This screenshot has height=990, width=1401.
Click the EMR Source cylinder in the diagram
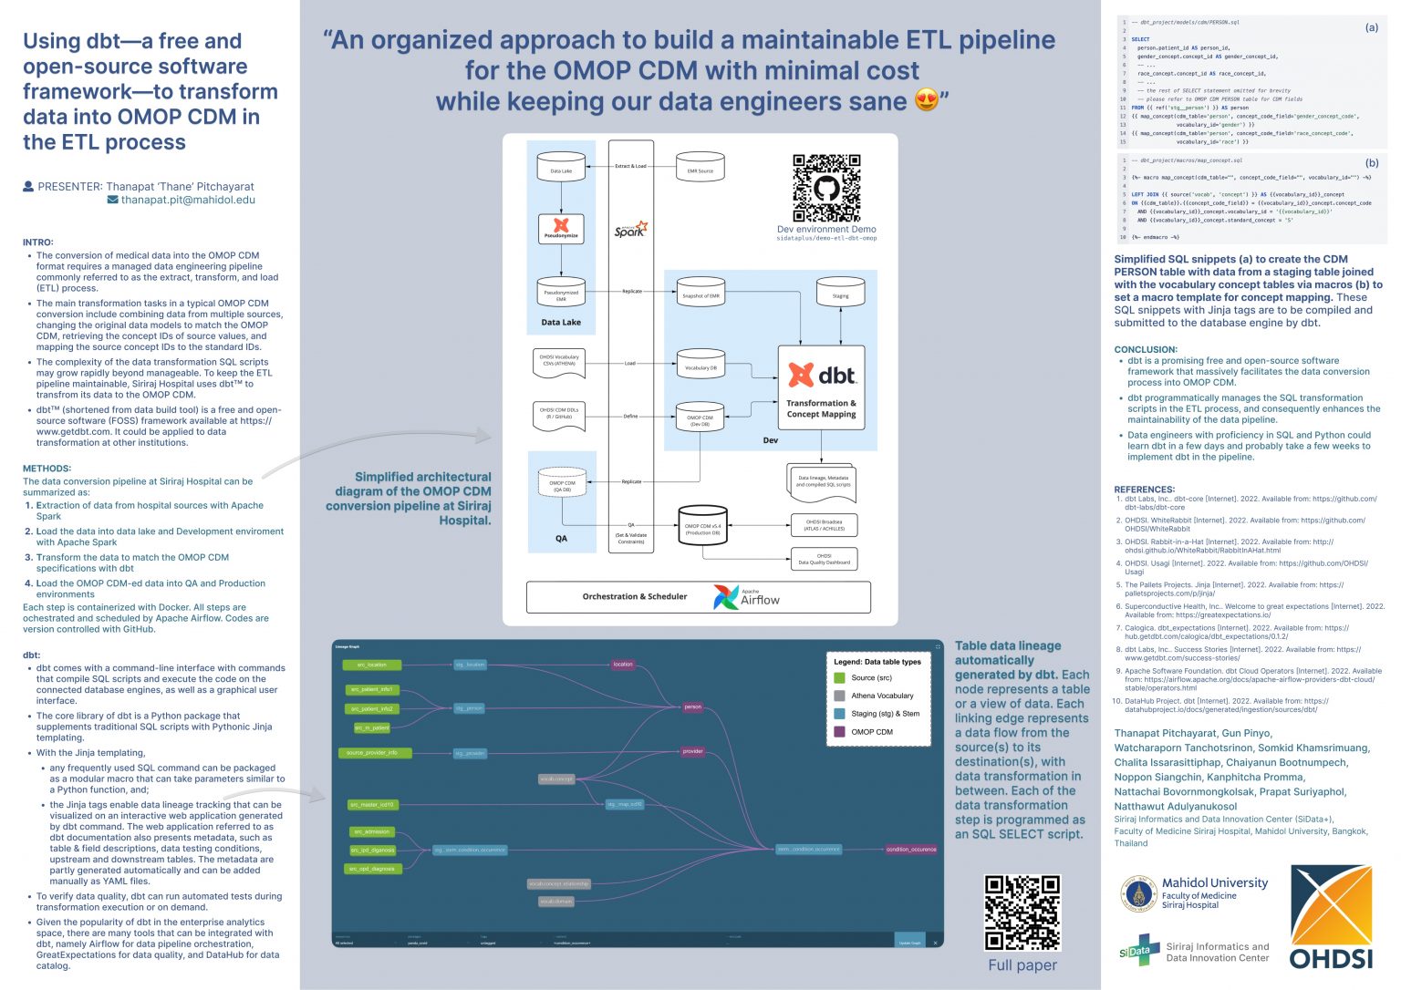pyautogui.click(x=700, y=169)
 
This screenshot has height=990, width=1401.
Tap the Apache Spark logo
pyautogui.click(x=630, y=229)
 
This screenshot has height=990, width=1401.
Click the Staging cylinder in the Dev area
pyautogui.click(x=840, y=294)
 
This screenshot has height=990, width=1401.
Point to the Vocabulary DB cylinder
pyautogui.click(x=700, y=366)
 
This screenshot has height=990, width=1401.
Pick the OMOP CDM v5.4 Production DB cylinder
pyautogui.click(x=702, y=527)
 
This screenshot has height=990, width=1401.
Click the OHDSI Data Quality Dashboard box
pyautogui.click(x=824, y=559)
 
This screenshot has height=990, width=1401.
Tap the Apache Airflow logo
pyautogui.click(x=745, y=597)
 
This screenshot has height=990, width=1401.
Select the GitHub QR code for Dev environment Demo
pyautogui.click(x=826, y=188)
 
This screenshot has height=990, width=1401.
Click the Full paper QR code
pyautogui.click(x=1022, y=913)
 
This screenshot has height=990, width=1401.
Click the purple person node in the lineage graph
pyautogui.click(x=693, y=706)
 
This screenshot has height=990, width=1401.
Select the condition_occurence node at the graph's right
pyautogui.click(x=910, y=850)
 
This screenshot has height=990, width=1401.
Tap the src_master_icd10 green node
pyautogui.click(x=372, y=805)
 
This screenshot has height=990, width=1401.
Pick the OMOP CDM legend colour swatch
pyautogui.click(x=839, y=731)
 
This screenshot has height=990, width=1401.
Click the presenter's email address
pyautogui.click(x=188, y=200)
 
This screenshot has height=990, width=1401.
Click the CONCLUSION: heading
pyautogui.click(x=1146, y=349)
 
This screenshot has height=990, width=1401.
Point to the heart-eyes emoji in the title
pyautogui.click(x=927, y=100)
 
